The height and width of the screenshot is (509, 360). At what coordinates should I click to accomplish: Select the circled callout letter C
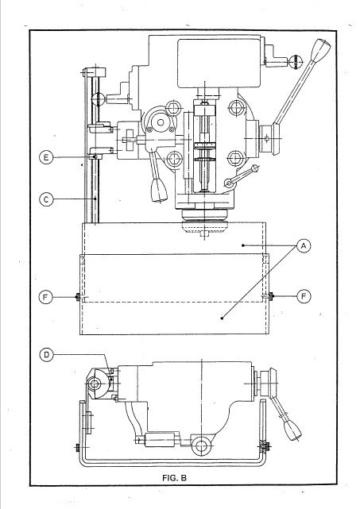47,199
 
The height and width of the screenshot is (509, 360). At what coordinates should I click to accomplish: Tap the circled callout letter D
47,354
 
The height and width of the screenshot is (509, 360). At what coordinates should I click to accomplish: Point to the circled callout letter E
47,158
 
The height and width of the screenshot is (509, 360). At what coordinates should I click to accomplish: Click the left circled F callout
47,297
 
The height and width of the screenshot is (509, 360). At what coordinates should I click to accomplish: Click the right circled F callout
304,297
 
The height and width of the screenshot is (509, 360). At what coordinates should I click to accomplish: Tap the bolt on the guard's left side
77,298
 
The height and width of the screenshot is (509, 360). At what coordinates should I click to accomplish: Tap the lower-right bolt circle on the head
236,156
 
